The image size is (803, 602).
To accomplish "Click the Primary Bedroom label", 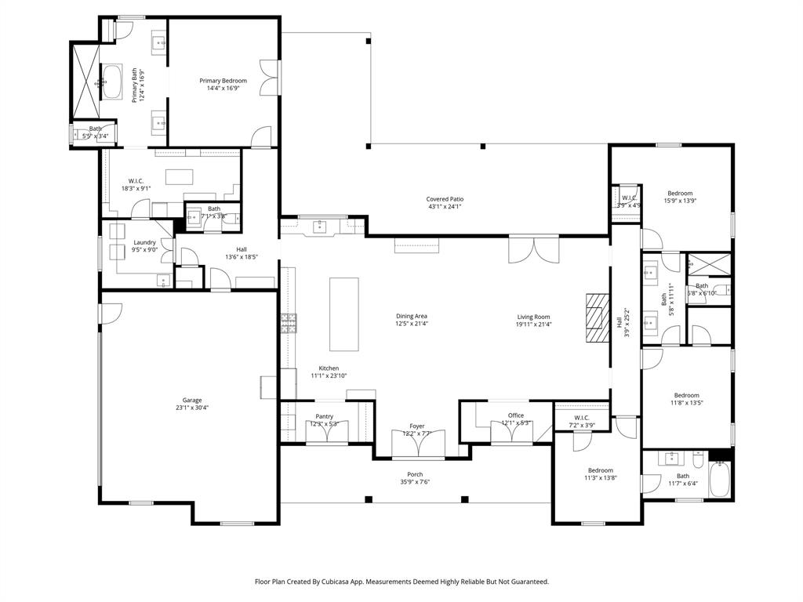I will pyautogui.click(x=223, y=81).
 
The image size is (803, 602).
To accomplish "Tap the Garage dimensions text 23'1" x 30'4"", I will pyautogui.click(x=191, y=408).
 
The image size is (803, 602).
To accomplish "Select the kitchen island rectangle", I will pyautogui.click(x=343, y=314).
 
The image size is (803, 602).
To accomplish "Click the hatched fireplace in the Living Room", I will pyautogui.click(x=596, y=317).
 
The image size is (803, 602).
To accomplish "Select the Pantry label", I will pyautogui.click(x=324, y=416).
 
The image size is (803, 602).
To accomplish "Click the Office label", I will pyautogui.click(x=515, y=415).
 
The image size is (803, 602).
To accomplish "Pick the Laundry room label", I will pyautogui.click(x=144, y=242).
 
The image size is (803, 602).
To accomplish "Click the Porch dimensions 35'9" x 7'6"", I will pyautogui.click(x=415, y=482).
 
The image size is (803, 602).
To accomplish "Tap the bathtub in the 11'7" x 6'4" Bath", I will pyautogui.click(x=721, y=479).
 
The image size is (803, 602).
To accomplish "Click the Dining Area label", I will pyautogui.click(x=411, y=316).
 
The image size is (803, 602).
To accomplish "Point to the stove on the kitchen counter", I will pyautogui.click(x=288, y=323).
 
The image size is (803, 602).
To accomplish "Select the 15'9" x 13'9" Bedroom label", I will pyautogui.click(x=680, y=193).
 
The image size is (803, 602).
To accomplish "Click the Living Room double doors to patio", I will pyautogui.click(x=533, y=248).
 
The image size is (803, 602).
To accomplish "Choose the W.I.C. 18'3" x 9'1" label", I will pyautogui.click(x=136, y=180).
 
